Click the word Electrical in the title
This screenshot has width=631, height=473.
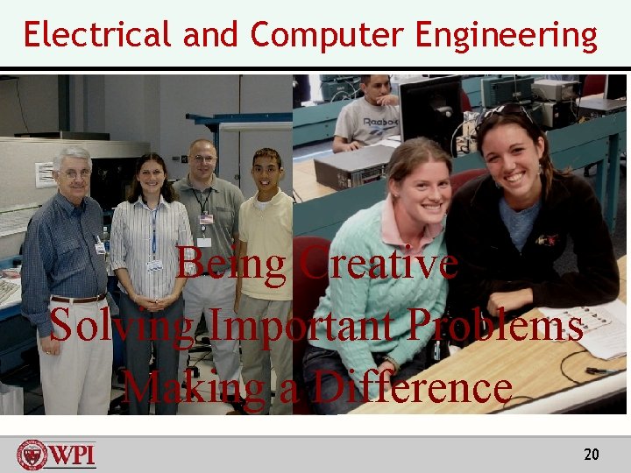click(97, 35)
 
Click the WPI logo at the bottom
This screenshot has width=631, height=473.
click(57, 455)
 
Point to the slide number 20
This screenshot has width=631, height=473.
click(592, 454)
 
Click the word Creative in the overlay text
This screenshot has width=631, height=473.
click(378, 263)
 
